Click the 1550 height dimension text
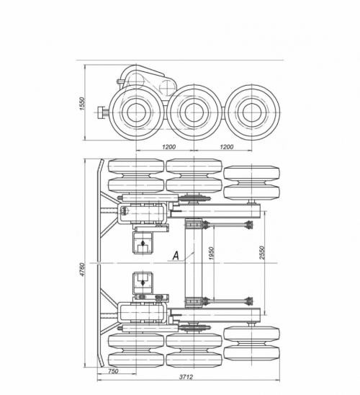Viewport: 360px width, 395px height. pos(82,103)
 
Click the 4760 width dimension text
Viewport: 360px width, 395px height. pos(82,269)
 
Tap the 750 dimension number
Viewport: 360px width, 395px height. pos(113,371)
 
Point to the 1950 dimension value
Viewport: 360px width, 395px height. pos(212,253)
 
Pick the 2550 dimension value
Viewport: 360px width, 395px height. pos(262,252)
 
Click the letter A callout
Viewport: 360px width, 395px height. pos(176,256)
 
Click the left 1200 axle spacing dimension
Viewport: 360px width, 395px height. pos(168,146)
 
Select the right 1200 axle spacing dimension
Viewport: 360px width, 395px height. pos(226,146)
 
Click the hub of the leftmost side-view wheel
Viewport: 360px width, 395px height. pos(136,113)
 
